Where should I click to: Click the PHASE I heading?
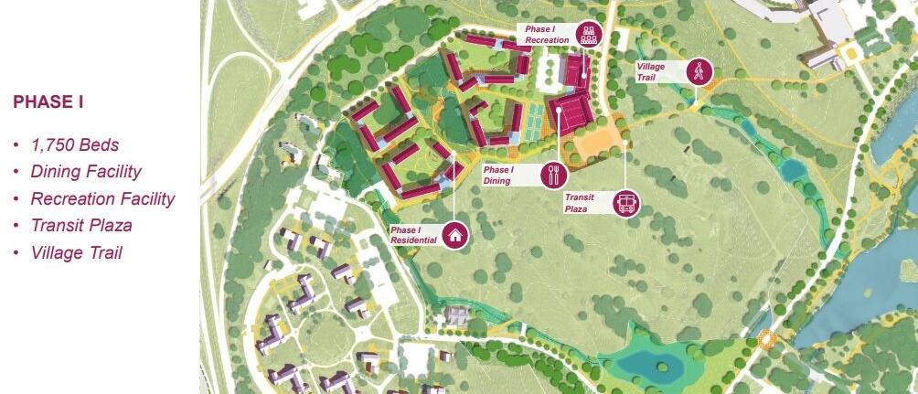[x=48, y=101]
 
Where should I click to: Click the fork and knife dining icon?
[x=554, y=174]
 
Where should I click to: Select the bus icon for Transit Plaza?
[x=626, y=203]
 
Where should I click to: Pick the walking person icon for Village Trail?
[x=699, y=71]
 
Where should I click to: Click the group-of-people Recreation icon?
[x=587, y=35]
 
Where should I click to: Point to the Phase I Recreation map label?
[x=548, y=35]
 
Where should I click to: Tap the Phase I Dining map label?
[x=499, y=175]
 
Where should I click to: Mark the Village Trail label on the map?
[x=654, y=71]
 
